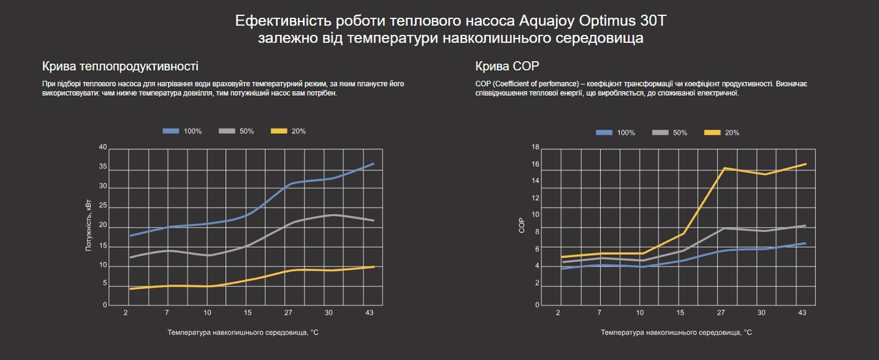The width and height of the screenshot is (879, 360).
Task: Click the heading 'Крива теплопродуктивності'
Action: point(120,67)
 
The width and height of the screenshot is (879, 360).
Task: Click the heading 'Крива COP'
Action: point(507,67)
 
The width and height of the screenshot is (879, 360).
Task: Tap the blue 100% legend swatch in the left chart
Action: point(171,131)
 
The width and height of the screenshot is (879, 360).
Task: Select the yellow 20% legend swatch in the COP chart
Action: point(712,132)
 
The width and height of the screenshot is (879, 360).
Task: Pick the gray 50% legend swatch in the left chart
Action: point(227,131)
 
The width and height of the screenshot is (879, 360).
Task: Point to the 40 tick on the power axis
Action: point(103,147)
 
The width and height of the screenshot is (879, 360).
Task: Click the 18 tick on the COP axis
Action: point(535,147)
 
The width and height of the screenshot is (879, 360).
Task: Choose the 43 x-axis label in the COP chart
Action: point(802,312)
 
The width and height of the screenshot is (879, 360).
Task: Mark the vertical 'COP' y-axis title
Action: point(521,226)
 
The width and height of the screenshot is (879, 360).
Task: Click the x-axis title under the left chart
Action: point(243,333)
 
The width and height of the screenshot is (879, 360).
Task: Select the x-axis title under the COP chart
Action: point(676,333)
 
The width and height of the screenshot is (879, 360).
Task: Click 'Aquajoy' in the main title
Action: point(545,21)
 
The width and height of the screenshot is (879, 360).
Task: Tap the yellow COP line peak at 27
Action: point(724,168)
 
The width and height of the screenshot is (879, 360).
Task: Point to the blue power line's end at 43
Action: point(374,164)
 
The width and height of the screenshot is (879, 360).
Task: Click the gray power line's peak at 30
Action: point(334,215)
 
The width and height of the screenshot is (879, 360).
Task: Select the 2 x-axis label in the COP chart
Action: point(558,312)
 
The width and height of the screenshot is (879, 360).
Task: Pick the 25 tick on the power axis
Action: point(103,206)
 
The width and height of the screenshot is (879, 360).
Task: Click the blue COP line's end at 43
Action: point(806,243)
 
